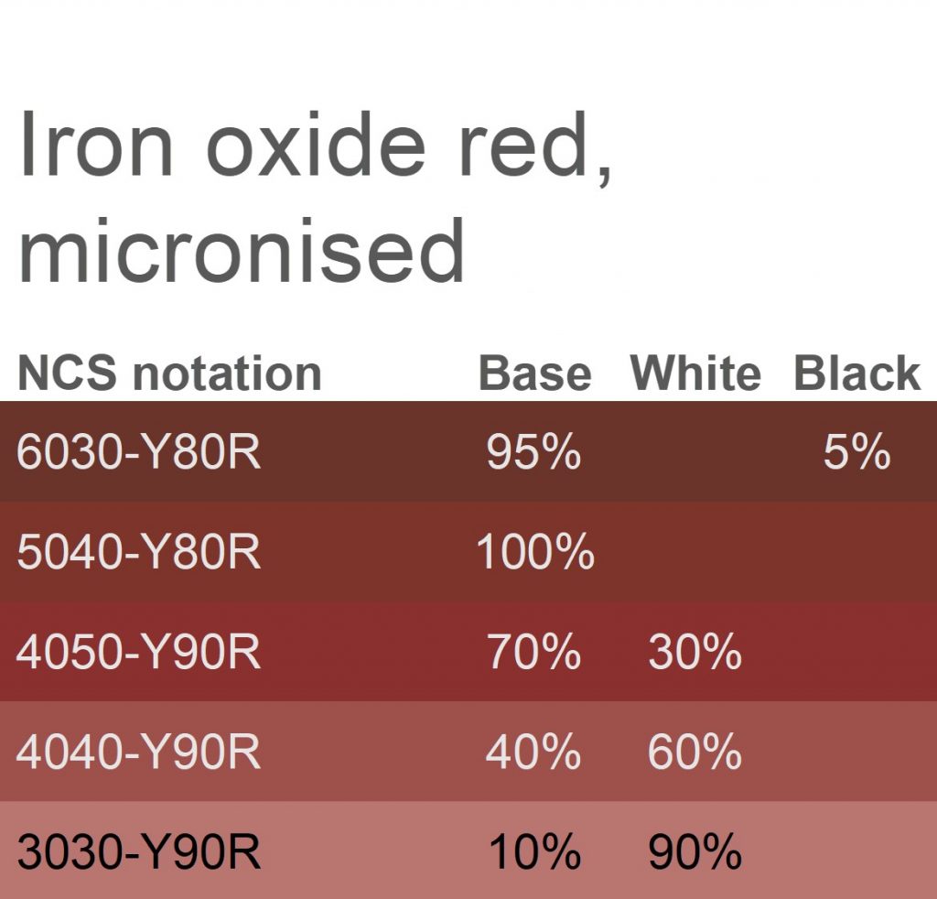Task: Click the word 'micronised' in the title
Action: click(x=242, y=250)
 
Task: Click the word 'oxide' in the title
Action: click(x=316, y=145)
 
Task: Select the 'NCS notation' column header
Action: click(x=169, y=373)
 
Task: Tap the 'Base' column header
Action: click(x=534, y=373)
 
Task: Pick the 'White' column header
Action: click(x=695, y=373)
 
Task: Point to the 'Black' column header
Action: click(x=856, y=373)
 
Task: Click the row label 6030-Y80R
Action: click(x=139, y=451)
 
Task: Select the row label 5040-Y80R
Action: click(x=139, y=551)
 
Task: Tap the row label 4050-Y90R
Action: click(x=139, y=651)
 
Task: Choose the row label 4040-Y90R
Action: click(x=139, y=751)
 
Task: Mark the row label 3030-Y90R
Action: click(x=139, y=850)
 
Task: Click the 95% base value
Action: click(x=533, y=451)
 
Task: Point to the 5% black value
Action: click(x=856, y=451)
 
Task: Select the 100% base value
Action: click(x=535, y=551)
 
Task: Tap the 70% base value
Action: click(x=533, y=651)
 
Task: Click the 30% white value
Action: click(x=695, y=651)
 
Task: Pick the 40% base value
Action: click(x=533, y=751)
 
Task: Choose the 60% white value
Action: click(x=695, y=751)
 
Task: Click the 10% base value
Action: click(x=534, y=850)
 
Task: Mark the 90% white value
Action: click(x=695, y=850)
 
